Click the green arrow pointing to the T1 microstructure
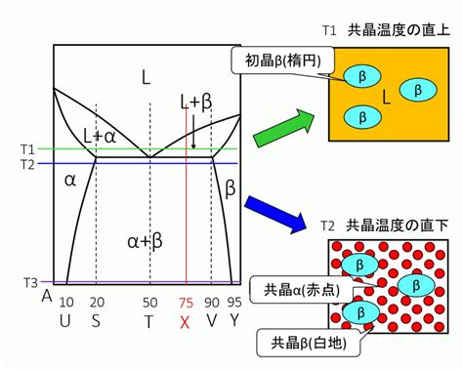(283, 129)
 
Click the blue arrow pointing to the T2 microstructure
(276, 214)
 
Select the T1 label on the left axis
(27, 149)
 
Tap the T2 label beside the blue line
(27, 165)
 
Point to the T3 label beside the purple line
(31, 282)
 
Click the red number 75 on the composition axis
(186, 303)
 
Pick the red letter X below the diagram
(185, 322)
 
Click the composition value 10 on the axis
(66, 303)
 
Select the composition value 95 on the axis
(234, 303)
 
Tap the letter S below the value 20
(96, 321)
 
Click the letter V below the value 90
(212, 321)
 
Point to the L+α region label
(100, 137)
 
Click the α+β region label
(145, 241)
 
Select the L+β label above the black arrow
(196, 102)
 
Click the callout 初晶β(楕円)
(283, 61)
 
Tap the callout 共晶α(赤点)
(301, 290)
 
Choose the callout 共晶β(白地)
(309, 343)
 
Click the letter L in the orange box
(386, 97)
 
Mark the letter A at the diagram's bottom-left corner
(47, 297)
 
